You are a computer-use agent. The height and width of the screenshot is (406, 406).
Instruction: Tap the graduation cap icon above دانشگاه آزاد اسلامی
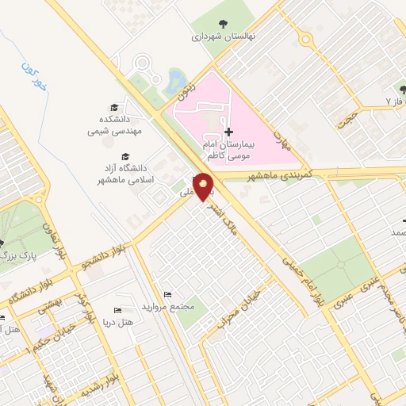126,156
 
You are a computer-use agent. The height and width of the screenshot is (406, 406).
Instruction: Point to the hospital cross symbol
229,132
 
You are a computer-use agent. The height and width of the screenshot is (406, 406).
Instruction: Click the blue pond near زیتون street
176,79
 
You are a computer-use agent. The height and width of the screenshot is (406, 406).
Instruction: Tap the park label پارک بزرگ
17,255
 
